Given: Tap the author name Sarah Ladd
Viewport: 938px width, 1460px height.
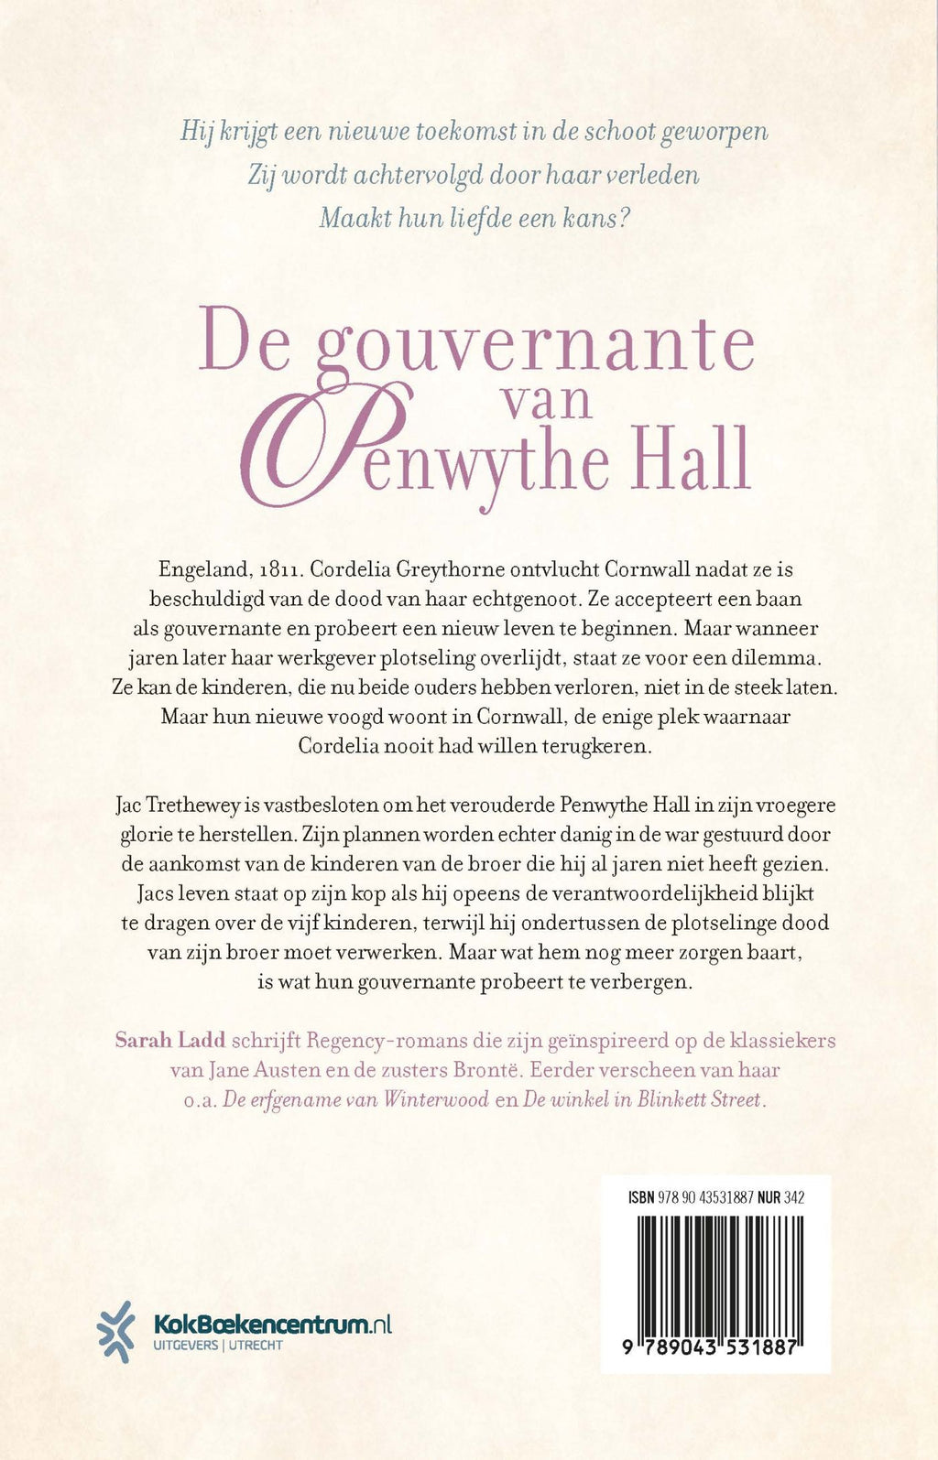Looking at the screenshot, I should point(170,1041).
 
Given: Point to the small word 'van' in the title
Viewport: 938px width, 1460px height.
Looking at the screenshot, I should point(548,401).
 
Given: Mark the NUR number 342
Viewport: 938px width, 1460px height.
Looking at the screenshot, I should point(793,1197).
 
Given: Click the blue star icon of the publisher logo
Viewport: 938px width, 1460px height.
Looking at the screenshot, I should point(116,1331).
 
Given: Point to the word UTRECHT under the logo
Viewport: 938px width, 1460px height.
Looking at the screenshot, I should point(256,1346).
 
